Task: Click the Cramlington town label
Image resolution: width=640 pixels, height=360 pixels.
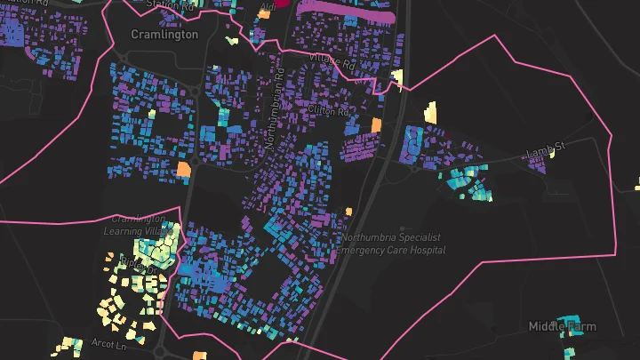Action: point(164,35)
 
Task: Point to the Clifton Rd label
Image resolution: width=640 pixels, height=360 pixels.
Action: point(328,112)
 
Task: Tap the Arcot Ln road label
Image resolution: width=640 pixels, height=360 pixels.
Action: point(108,342)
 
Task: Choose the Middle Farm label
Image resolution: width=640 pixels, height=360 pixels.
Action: point(564,326)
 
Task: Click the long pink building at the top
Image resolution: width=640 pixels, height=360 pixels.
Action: point(348,13)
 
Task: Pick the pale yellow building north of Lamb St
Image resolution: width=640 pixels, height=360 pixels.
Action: point(430,112)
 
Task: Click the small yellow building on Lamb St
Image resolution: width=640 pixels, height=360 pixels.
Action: point(552,152)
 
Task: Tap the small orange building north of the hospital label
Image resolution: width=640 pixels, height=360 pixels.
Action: point(349,212)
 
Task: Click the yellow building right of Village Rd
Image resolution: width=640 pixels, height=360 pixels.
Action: point(397,78)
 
